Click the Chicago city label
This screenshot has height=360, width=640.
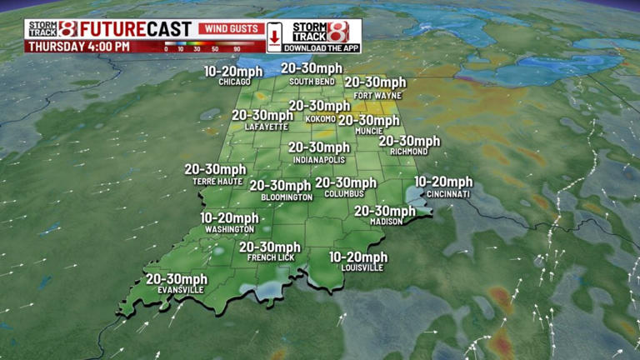click(235, 82)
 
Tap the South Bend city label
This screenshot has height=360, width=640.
click(312, 82)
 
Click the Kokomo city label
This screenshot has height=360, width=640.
click(321, 118)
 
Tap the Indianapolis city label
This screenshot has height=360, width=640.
click(319, 158)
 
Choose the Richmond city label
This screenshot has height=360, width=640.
click(408, 152)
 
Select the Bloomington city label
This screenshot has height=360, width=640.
click(287, 197)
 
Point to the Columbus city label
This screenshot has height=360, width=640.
click(345, 194)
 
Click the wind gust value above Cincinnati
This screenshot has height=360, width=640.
click(443, 182)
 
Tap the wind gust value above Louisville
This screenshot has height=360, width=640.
click(358, 257)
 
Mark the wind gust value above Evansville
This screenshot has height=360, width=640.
click(177, 278)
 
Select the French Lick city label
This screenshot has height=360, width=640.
click(269, 258)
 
